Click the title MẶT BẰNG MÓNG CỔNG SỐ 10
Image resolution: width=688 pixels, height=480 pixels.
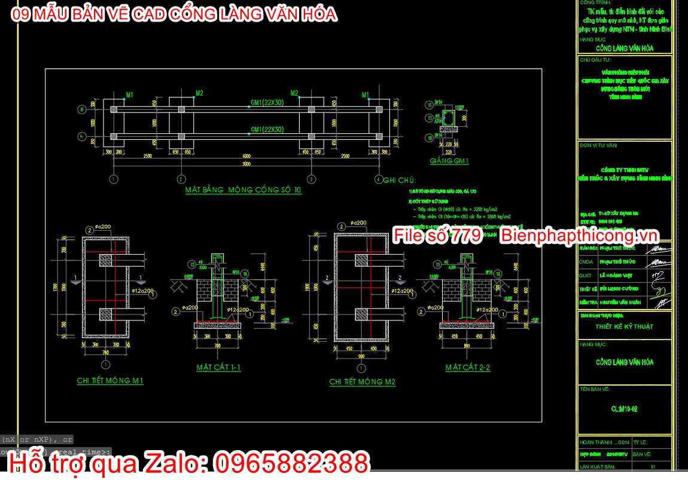[x=243, y=190]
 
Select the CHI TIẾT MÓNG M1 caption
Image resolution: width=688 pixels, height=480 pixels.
[x=110, y=381]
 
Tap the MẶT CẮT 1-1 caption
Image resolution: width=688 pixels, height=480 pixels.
[x=218, y=368]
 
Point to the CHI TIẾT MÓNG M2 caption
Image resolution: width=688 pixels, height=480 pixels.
[x=362, y=381]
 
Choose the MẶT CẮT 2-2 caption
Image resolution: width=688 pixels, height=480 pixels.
[x=467, y=368]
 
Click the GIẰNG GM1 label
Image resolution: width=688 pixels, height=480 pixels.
[x=449, y=161]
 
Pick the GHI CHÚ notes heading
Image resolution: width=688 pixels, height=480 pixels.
[x=400, y=180]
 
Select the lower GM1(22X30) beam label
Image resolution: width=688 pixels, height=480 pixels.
[x=267, y=129]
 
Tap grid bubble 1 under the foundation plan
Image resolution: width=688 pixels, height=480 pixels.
[x=114, y=179]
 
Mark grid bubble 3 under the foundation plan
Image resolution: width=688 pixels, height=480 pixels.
[x=311, y=179]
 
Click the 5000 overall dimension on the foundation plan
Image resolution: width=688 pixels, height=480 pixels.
[x=246, y=164]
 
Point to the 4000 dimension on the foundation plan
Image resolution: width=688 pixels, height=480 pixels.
[x=246, y=157]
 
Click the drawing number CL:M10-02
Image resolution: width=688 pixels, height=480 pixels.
[x=624, y=409]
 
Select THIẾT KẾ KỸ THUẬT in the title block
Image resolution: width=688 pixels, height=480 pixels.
[x=624, y=327]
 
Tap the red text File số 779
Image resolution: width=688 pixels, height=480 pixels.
[x=437, y=236]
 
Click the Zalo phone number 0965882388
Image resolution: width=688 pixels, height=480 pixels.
[x=291, y=464]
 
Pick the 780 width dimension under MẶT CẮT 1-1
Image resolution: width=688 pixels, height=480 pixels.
[x=217, y=345]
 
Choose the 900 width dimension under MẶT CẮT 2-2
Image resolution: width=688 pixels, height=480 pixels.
[x=467, y=345]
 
